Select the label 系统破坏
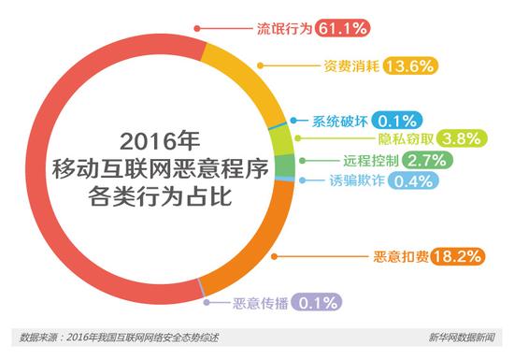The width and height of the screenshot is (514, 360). click(339, 119)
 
